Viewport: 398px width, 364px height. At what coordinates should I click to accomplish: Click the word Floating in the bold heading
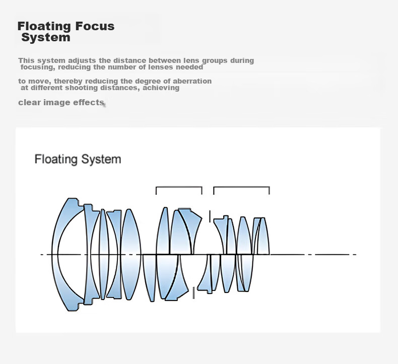click(x=44, y=26)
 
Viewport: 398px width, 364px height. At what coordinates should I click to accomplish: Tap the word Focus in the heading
click(x=95, y=26)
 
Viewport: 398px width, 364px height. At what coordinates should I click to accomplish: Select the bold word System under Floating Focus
click(x=46, y=38)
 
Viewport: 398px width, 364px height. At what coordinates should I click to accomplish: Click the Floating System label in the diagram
click(x=78, y=159)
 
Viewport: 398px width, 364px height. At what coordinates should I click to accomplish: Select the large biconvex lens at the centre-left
click(x=130, y=254)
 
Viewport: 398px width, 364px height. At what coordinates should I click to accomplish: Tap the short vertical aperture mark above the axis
click(x=210, y=216)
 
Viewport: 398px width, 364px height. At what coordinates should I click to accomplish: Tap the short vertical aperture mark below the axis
click(x=193, y=293)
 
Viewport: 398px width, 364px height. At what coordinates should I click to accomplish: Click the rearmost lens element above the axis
click(x=264, y=236)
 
